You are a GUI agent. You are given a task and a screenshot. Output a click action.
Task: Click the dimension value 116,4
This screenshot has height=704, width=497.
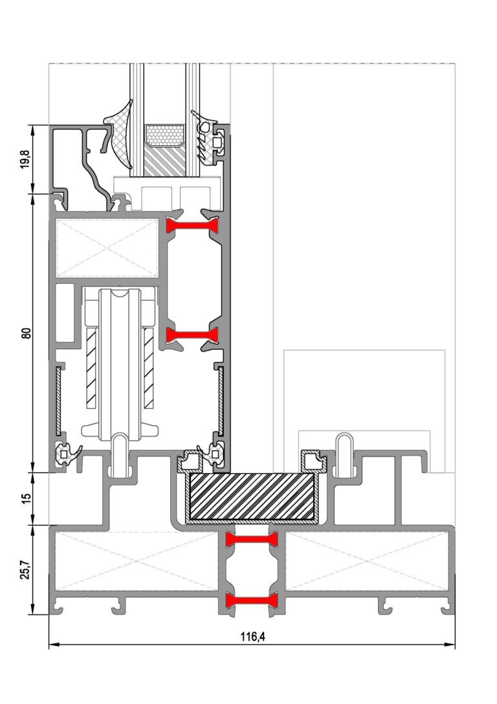coord(252,637)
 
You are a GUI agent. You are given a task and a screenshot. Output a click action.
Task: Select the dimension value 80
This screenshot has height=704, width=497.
coord(27,333)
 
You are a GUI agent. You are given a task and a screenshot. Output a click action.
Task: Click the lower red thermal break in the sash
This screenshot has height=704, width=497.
coord(192,335)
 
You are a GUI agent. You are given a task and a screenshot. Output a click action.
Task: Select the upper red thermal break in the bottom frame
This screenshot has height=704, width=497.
coord(252,539)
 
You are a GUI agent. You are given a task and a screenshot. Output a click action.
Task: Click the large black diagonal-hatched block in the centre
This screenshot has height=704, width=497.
coord(252,496)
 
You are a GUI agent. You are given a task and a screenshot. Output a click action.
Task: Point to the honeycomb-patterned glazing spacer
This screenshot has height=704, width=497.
coord(164,136)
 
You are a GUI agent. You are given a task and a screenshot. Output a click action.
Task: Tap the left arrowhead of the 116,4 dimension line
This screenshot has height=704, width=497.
coord(54,645)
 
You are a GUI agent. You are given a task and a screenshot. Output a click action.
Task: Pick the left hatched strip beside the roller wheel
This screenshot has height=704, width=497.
coord(91,368)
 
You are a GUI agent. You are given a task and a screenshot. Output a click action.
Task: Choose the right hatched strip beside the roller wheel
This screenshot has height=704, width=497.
coord(148,368)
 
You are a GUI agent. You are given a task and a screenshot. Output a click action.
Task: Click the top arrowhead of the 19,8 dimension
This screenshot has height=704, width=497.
coord(33,130)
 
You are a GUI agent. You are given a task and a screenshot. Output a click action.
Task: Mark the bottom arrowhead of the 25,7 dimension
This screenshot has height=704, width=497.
coord(33,609)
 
